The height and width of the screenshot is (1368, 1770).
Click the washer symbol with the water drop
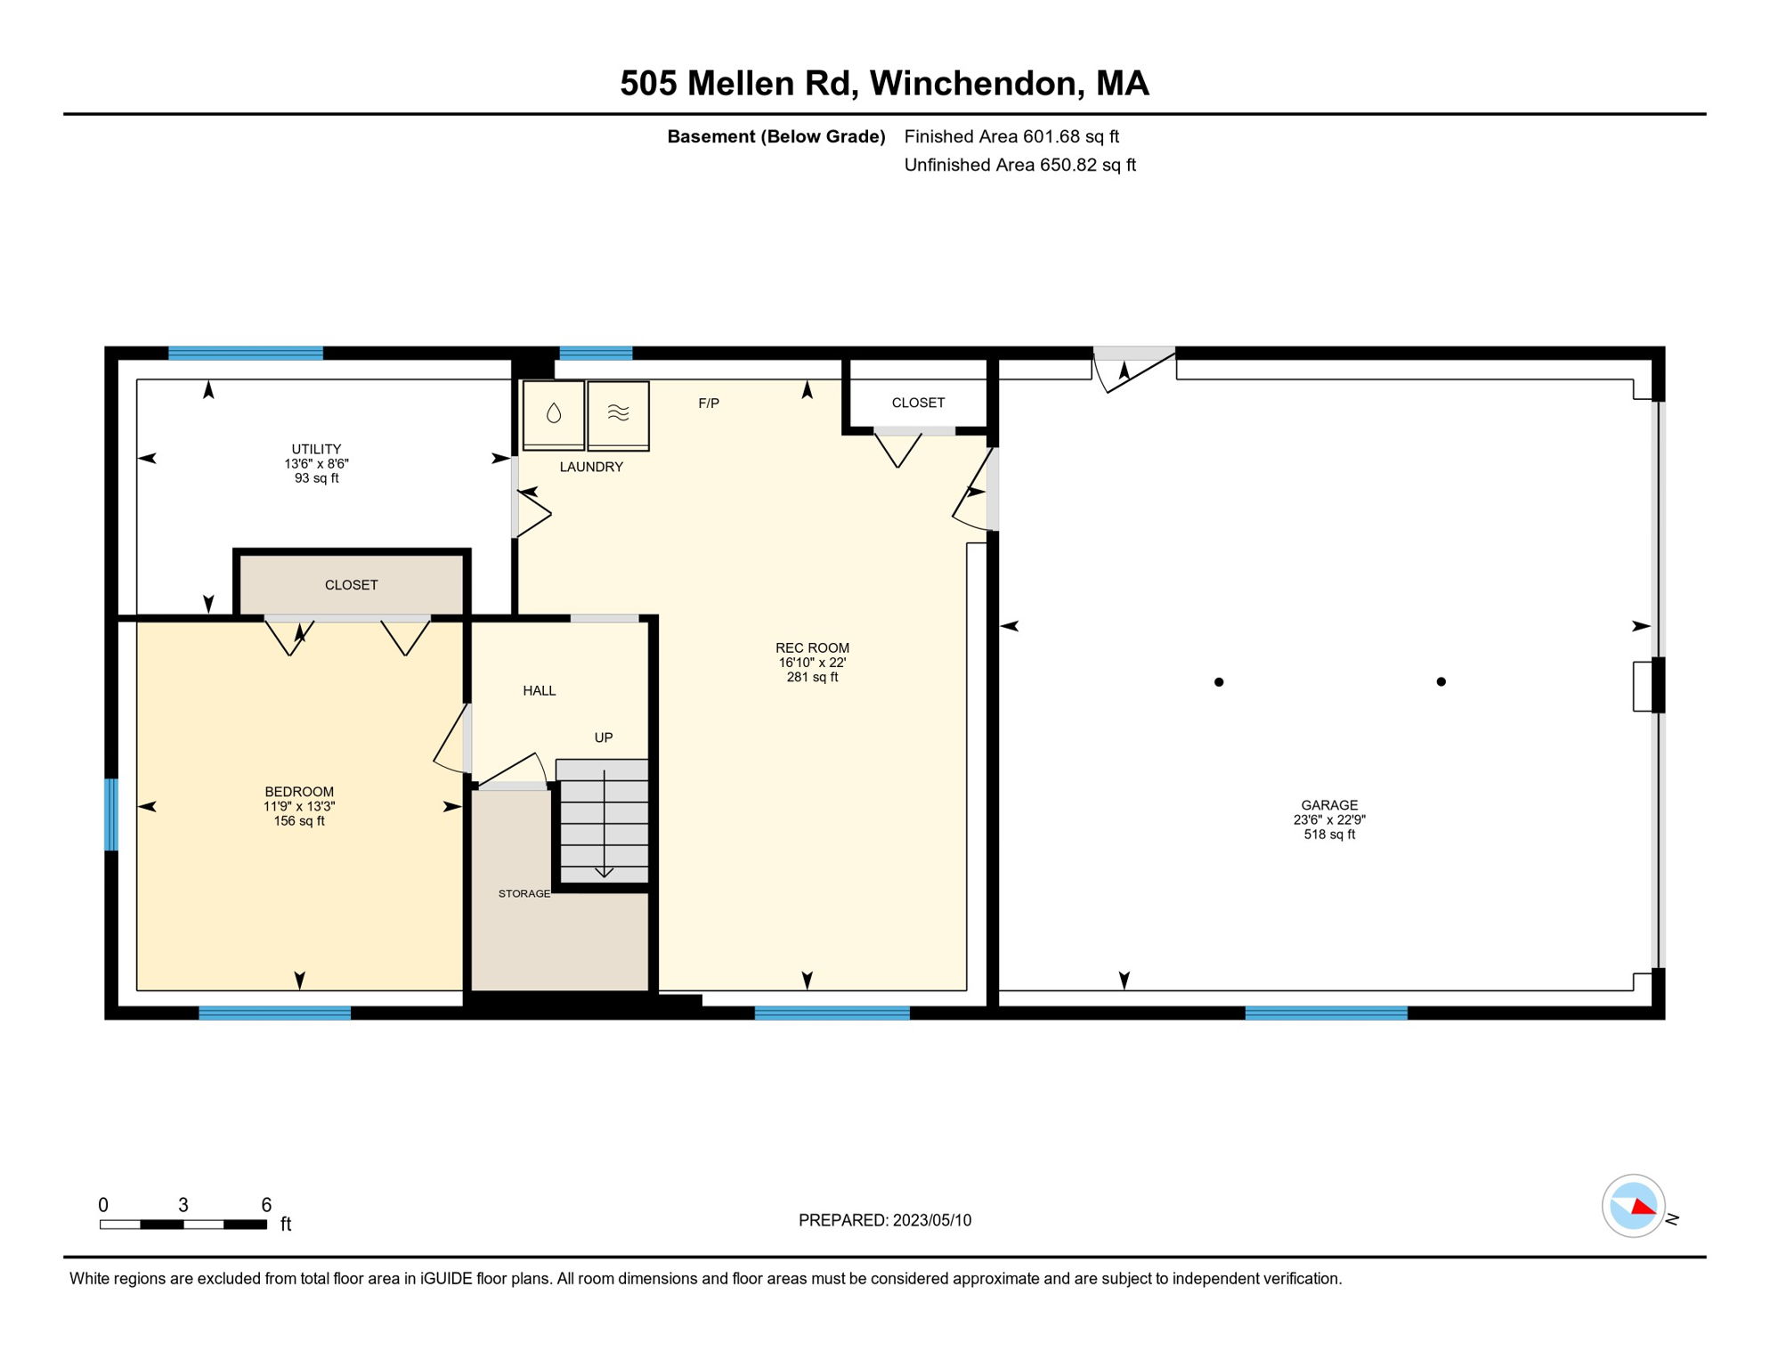click(554, 414)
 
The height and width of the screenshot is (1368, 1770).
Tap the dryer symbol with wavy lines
click(618, 414)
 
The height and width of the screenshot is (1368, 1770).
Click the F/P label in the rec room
click(709, 403)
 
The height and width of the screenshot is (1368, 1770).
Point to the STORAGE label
click(524, 893)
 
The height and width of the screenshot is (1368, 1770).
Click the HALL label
click(539, 691)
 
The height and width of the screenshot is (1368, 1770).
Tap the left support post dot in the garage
click(1219, 682)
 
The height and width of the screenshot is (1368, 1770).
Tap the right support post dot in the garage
click(1441, 682)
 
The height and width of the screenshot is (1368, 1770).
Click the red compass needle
click(1644, 1208)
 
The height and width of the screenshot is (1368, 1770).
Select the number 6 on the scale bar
click(266, 1205)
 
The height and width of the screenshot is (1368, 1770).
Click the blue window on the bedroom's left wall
click(111, 815)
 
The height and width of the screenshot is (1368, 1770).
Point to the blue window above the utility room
click(246, 354)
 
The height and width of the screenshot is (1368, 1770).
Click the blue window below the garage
click(1326, 1013)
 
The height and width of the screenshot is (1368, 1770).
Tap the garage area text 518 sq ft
click(1329, 835)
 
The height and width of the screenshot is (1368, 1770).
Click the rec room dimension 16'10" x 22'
click(812, 663)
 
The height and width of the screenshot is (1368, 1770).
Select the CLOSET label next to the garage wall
click(918, 403)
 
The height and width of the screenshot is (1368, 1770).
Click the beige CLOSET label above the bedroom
click(351, 585)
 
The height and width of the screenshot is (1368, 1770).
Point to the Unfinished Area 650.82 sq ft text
click(1019, 165)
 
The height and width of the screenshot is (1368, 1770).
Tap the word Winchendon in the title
click(977, 84)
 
